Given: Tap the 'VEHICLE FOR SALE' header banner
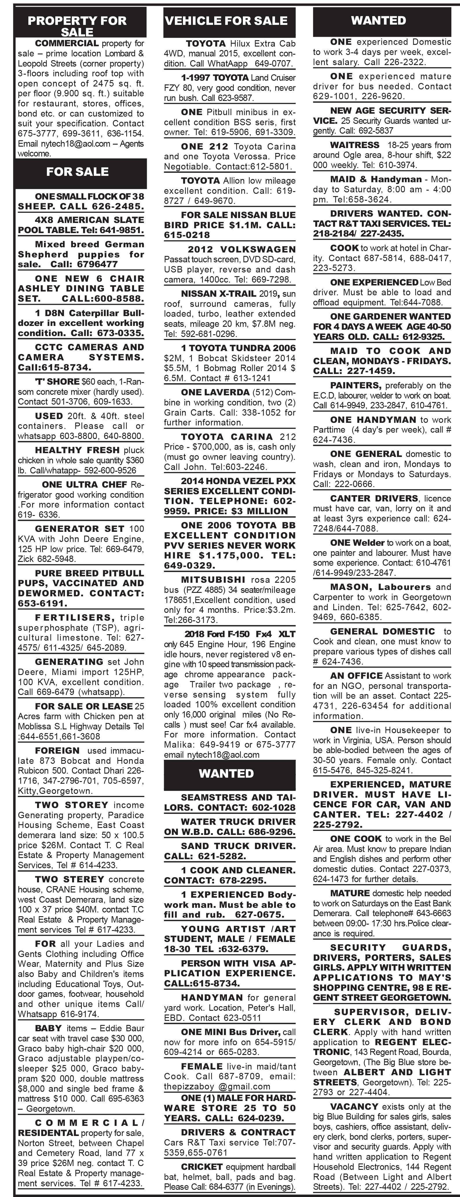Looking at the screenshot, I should [226, 21].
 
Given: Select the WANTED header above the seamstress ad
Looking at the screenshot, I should [226, 773].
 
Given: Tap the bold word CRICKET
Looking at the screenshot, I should [202, 1167].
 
